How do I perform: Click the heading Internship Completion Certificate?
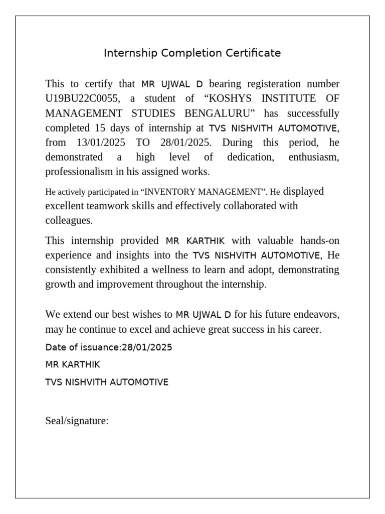tap(192, 53)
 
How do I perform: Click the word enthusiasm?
tap(314, 157)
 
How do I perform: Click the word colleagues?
tap(69, 220)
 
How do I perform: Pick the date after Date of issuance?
tap(147, 347)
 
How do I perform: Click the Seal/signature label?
tap(77, 421)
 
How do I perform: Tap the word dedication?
tap(250, 157)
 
